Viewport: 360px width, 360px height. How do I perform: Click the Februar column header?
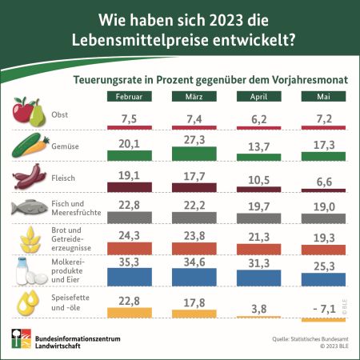click(x=130, y=96)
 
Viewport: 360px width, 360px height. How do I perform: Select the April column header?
click(x=259, y=96)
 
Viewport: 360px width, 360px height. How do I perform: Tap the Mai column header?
click(x=323, y=96)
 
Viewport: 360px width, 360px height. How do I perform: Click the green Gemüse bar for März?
click(x=194, y=154)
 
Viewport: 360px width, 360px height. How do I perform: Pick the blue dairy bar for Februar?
click(x=130, y=277)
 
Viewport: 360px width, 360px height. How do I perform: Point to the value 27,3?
click(x=194, y=140)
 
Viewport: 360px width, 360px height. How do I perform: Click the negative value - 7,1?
click(x=324, y=309)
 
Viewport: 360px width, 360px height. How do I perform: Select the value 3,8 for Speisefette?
click(x=259, y=309)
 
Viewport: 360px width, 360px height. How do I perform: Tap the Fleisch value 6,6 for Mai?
click(x=324, y=182)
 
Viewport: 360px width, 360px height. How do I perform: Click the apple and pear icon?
click(x=29, y=112)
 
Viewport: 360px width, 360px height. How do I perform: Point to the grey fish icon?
click(x=30, y=207)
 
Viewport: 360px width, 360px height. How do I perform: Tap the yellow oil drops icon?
click(x=28, y=302)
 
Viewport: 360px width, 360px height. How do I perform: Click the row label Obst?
click(x=59, y=114)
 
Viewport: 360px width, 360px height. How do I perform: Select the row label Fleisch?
click(x=63, y=178)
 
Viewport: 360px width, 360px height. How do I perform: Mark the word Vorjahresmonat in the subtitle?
click(x=310, y=80)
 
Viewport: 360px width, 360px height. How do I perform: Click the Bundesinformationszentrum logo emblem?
click(x=22, y=338)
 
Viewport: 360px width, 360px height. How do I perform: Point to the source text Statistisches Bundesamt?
click(x=319, y=339)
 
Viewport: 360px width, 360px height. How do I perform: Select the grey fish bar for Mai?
click(x=323, y=218)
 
